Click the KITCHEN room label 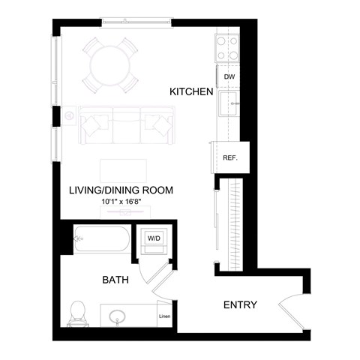pos(192,91)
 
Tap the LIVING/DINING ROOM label pos(121,190)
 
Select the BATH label pos(115,280)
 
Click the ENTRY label pos(241,305)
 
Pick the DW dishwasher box pos(229,76)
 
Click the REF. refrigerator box pos(229,157)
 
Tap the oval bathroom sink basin pos(118,317)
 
